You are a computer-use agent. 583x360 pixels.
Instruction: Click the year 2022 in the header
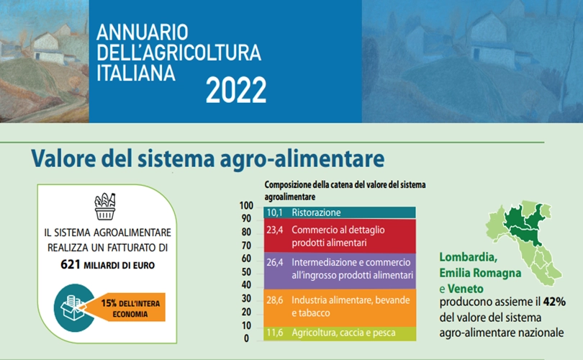(236, 90)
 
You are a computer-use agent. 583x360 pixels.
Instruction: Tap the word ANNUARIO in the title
(143, 32)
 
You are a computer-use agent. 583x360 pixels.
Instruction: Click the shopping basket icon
(105, 207)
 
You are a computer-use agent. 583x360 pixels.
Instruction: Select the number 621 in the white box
(71, 264)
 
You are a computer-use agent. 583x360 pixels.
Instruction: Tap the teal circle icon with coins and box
(73, 308)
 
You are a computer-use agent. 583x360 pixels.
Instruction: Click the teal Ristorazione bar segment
(340, 212)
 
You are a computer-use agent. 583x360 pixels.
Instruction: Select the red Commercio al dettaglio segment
(340, 236)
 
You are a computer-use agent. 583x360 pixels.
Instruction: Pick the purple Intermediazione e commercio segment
(340, 271)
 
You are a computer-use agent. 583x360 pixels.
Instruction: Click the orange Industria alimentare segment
(340, 308)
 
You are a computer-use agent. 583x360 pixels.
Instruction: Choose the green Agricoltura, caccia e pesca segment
(340, 333)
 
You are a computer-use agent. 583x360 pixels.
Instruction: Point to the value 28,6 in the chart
(275, 300)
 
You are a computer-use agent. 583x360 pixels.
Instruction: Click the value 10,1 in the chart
(275, 212)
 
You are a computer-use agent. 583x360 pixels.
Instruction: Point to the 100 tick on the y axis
(246, 206)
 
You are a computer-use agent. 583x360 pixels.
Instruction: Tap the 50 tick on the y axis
(246, 272)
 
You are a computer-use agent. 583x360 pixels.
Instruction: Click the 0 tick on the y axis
(246, 338)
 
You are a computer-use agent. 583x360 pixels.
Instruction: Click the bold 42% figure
(554, 302)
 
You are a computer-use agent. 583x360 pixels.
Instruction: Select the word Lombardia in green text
(468, 257)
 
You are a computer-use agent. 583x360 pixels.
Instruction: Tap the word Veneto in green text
(466, 289)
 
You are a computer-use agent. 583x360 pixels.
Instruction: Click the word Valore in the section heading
(63, 158)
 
